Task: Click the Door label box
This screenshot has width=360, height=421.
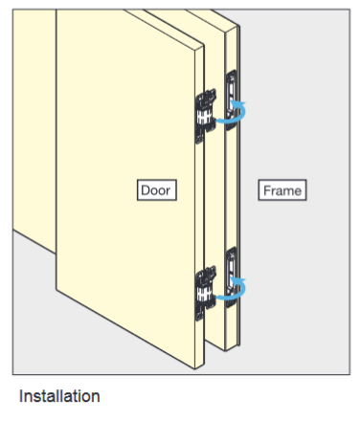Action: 157,190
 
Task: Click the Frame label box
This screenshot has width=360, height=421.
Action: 282,190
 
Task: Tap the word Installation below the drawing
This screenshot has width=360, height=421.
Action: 59,395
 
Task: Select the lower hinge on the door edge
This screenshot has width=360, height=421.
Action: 204,293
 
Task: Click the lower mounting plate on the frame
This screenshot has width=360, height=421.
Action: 232,265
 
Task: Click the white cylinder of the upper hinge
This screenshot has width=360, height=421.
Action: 203,117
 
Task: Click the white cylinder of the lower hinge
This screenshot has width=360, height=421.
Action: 203,294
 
